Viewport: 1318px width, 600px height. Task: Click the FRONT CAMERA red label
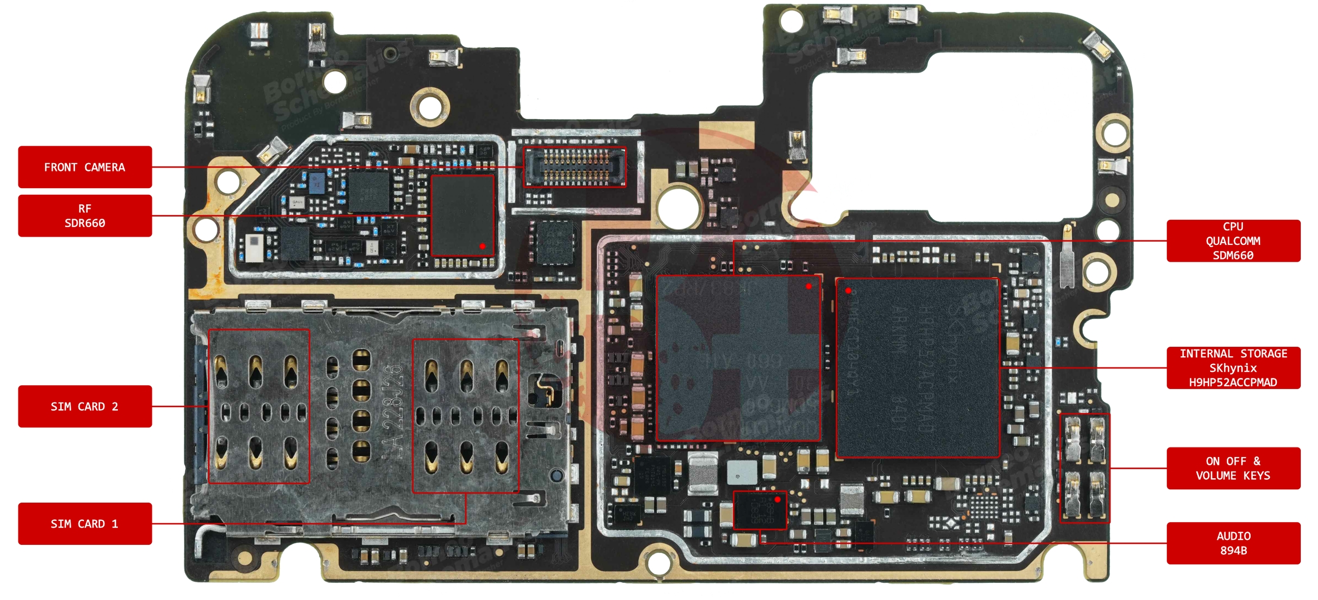tap(85, 167)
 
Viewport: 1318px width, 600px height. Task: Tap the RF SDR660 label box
tap(85, 216)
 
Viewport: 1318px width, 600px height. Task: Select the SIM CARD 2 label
tap(85, 406)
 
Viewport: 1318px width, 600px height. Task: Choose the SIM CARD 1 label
tap(85, 524)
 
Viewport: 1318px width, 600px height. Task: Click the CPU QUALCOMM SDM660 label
tap(1233, 241)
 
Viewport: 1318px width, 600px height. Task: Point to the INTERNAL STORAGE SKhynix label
tap(1233, 368)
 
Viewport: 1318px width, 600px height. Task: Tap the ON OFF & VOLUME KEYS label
tap(1233, 468)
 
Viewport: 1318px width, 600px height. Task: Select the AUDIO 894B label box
tap(1233, 543)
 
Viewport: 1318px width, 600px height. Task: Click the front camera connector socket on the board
tap(575, 167)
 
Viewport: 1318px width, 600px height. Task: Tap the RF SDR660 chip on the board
tap(463, 215)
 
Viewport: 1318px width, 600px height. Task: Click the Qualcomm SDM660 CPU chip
tap(739, 358)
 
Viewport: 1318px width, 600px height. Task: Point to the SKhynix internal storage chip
tap(918, 368)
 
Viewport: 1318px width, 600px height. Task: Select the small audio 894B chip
tap(760, 510)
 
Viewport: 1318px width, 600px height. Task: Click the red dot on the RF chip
tap(482, 246)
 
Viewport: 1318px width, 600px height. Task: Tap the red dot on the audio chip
tap(777, 500)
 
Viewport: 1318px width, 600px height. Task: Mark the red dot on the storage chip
tap(848, 291)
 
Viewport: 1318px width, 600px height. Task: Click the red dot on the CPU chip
tap(809, 287)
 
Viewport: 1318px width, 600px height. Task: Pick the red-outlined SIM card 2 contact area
tap(259, 406)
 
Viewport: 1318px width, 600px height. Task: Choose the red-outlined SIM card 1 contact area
tap(465, 416)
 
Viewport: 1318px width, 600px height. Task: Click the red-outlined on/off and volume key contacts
tap(1084, 468)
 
